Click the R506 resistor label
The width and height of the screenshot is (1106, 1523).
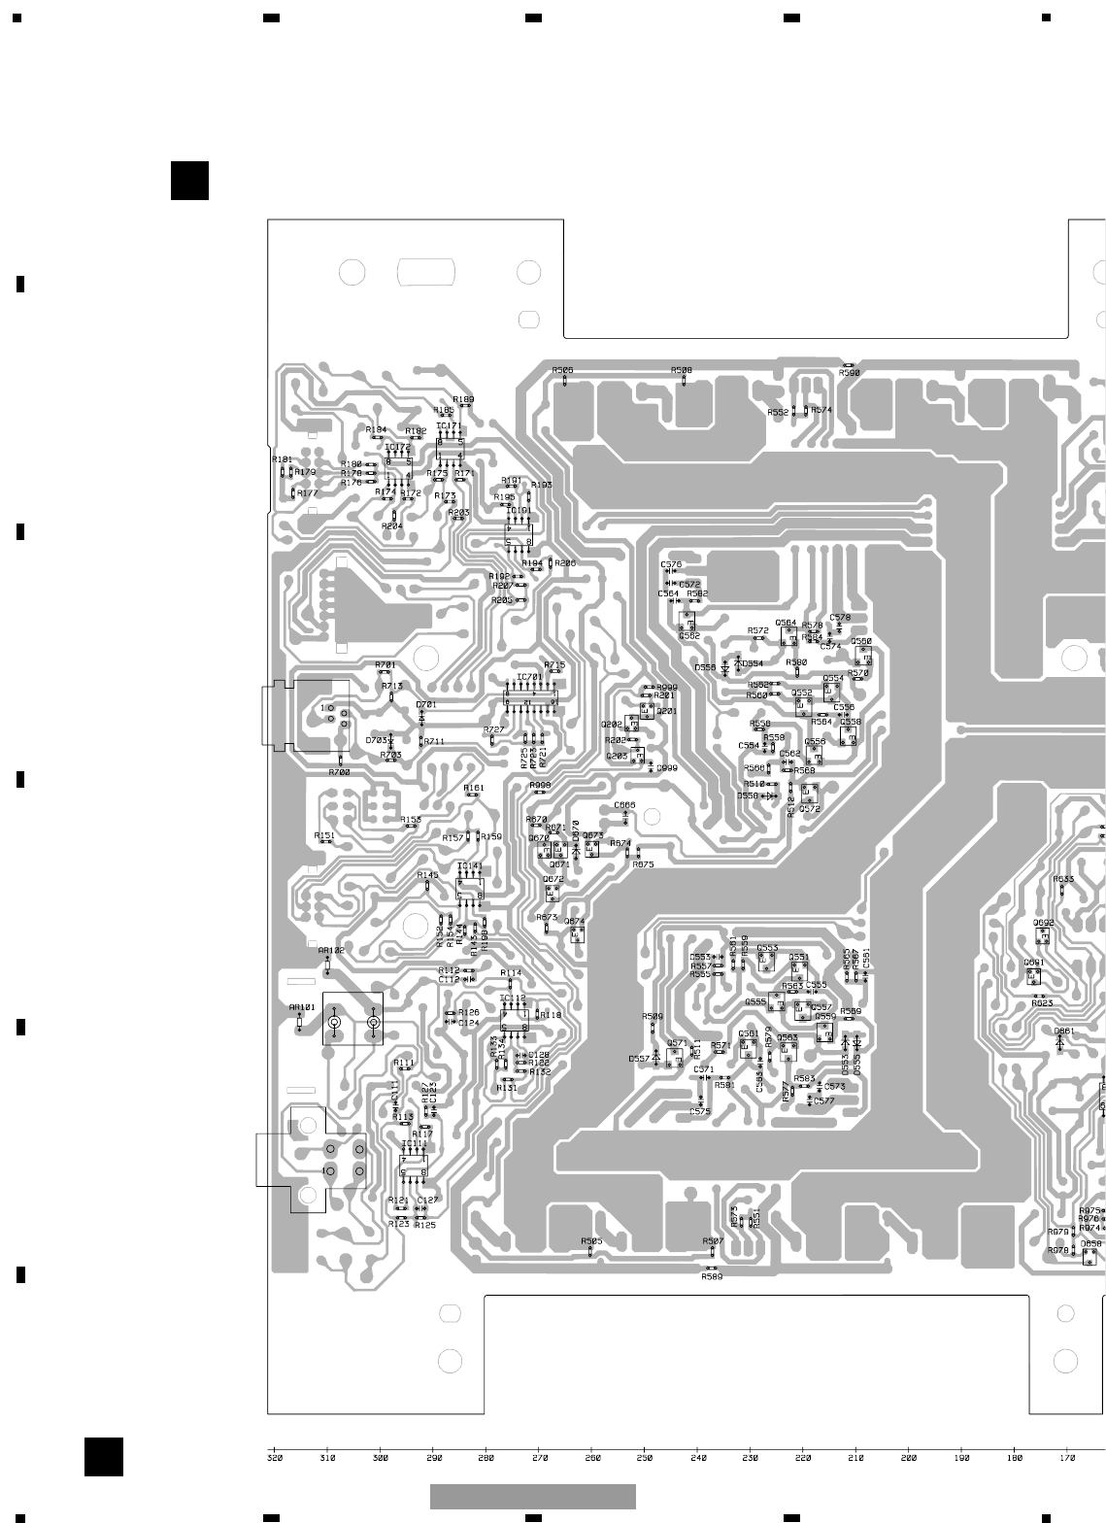click(x=562, y=370)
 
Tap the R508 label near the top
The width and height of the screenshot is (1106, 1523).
click(x=682, y=370)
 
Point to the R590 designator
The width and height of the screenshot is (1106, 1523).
click(x=850, y=373)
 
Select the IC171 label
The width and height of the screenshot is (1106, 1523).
click(x=449, y=425)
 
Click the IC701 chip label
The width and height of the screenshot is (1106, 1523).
click(x=529, y=677)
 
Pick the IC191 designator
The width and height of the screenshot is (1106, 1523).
click(x=519, y=510)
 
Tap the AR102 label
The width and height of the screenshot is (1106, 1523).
click(x=331, y=950)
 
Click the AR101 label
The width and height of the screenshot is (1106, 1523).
click(x=302, y=1007)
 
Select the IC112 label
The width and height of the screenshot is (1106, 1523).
click(x=513, y=998)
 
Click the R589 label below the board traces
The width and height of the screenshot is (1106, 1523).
click(x=712, y=1276)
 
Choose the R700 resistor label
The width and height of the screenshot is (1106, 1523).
click(x=339, y=772)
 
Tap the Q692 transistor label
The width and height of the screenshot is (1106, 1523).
click(x=1043, y=923)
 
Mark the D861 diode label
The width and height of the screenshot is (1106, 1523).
click(x=1064, y=1031)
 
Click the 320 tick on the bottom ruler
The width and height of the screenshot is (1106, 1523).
click(x=275, y=1458)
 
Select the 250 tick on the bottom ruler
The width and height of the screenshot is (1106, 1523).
click(x=644, y=1458)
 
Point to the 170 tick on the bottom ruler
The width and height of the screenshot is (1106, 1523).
click(x=1067, y=1458)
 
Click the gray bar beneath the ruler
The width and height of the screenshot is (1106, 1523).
click(x=532, y=1496)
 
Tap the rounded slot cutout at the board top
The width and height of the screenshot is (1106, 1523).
click(x=426, y=272)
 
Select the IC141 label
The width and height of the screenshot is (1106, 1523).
click(x=470, y=865)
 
